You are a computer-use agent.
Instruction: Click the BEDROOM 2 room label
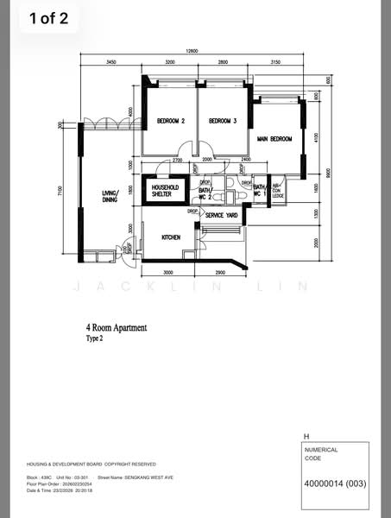tap(170, 121)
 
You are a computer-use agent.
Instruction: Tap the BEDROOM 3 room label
tap(222, 121)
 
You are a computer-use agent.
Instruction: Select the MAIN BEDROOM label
tap(274, 139)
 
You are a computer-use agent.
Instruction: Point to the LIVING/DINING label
tap(110, 197)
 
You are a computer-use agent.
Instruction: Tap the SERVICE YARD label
tap(221, 215)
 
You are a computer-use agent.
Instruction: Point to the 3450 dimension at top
tap(111, 64)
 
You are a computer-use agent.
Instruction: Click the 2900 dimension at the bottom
tap(220, 272)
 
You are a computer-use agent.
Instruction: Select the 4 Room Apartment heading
tap(116, 328)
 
